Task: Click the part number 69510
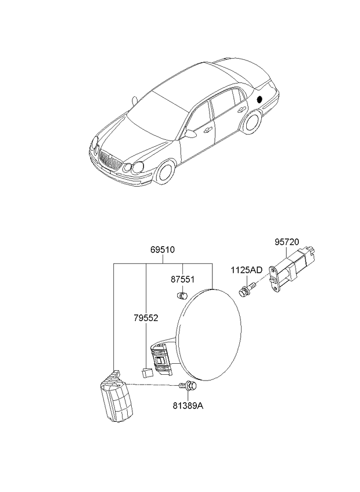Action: pyautogui.click(x=163, y=250)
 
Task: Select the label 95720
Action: pyautogui.click(x=287, y=243)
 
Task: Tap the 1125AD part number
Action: pyautogui.click(x=247, y=270)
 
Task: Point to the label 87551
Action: pyautogui.click(x=182, y=279)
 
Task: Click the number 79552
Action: pyautogui.click(x=146, y=318)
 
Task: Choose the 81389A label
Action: pyautogui.click(x=188, y=406)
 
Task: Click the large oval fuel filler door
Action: pyautogui.click(x=209, y=335)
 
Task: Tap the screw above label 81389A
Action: pyautogui.click(x=188, y=386)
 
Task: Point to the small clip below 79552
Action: pyautogui.click(x=147, y=372)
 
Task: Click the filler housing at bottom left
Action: pyautogui.click(x=116, y=397)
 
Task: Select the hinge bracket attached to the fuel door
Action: pyautogui.click(x=161, y=359)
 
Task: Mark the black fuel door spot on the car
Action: pyautogui.click(x=260, y=99)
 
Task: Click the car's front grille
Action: pyautogui.click(x=110, y=160)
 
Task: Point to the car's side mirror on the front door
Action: pyautogui.click(x=190, y=133)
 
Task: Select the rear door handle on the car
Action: pyautogui.click(x=241, y=109)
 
